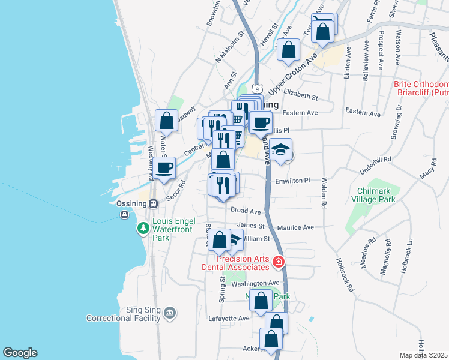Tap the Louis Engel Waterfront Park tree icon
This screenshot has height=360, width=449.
pos(143,228)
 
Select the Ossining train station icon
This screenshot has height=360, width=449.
pos(154,203)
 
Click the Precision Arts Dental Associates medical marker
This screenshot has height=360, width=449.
pos(278,262)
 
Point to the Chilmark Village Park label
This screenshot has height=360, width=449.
pos(374,196)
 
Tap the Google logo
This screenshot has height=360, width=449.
pos(20,353)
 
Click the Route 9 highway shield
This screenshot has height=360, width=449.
pos(256,87)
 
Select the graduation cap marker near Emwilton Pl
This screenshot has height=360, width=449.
pos(280,149)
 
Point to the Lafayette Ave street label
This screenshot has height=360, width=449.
pos(229,318)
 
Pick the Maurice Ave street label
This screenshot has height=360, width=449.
pos(296,228)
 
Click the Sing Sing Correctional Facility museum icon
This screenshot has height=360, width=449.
pos(170,313)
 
